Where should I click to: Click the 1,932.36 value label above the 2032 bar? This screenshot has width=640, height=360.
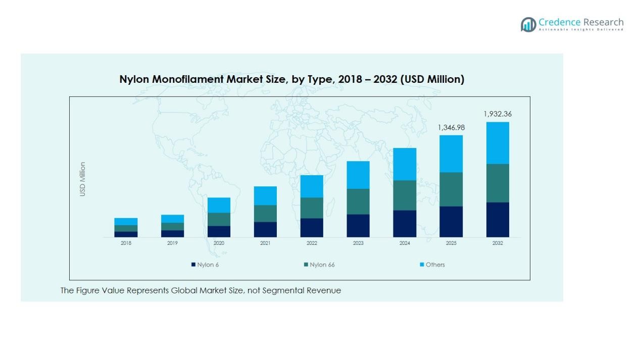498,114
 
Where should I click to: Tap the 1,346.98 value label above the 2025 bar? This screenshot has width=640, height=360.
451,128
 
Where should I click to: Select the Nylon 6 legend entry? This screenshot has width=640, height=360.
205,265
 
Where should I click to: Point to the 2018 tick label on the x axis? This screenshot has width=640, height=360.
126,243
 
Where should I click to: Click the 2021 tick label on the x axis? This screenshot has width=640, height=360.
265,243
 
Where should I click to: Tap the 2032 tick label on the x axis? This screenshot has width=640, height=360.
498,243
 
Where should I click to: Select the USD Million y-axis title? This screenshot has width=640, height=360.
83,179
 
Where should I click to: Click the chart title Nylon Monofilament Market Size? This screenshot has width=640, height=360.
291,79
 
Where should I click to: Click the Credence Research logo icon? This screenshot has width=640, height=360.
528,24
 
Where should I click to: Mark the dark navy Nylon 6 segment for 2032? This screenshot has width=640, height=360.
498,220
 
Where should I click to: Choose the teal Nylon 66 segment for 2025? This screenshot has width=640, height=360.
451,189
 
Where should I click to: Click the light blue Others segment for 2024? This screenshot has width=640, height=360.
405,164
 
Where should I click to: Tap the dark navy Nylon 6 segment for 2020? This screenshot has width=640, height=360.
219,231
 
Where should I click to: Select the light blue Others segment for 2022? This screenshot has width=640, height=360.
312,186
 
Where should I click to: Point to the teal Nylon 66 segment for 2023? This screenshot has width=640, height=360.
358,201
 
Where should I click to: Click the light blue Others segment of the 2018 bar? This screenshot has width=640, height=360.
126,222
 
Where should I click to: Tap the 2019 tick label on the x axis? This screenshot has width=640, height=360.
172,243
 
